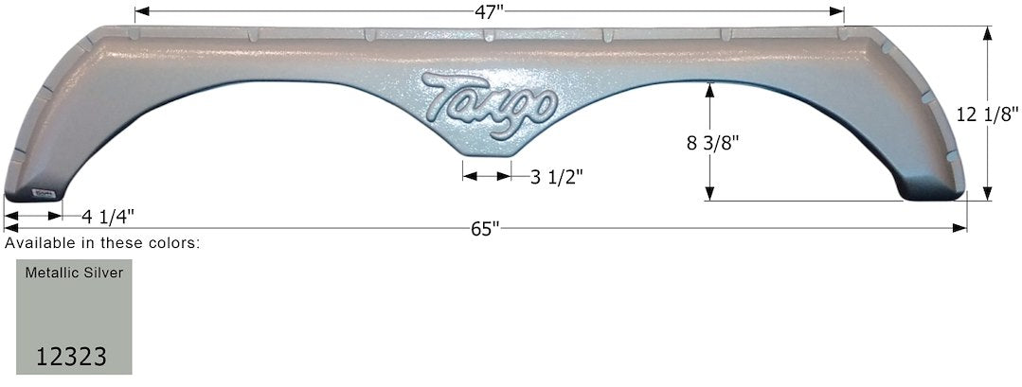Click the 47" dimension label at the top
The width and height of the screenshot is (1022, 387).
[489, 13]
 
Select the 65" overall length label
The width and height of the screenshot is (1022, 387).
[484, 229]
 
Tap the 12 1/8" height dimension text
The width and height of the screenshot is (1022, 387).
[988, 114]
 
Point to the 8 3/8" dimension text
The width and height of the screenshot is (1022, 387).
[711, 143]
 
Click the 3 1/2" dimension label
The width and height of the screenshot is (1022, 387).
[557, 176]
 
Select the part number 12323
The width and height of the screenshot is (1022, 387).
[71, 357]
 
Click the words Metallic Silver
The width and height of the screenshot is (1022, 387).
[67, 272]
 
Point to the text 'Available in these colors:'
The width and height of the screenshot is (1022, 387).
[102, 243]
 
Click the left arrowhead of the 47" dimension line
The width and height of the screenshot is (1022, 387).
[140, 13]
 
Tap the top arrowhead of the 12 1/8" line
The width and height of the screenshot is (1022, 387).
[988, 32]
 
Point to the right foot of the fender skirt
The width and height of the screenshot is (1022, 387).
[932, 191]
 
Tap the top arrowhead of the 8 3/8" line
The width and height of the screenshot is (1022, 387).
[708, 88]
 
